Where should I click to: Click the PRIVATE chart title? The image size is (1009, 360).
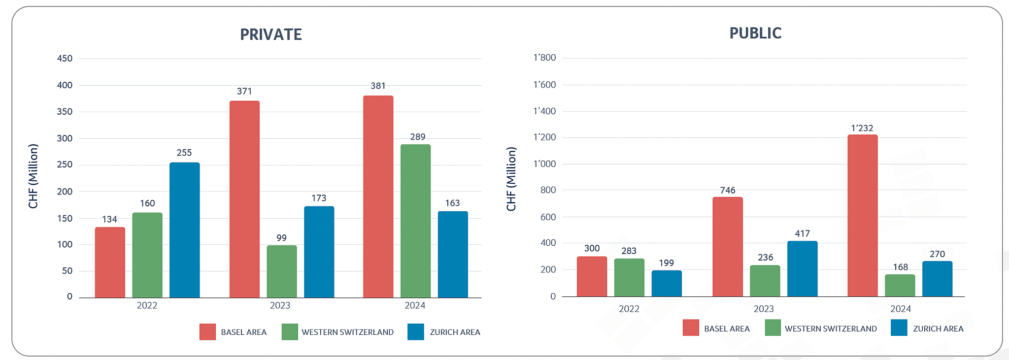click(x=270, y=34)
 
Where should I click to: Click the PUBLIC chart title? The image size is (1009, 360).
click(x=755, y=33)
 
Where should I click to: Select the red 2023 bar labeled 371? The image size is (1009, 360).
click(x=244, y=199)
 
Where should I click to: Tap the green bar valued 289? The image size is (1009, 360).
click(x=415, y=221)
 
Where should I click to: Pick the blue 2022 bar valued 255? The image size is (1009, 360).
click(x=185, y=230)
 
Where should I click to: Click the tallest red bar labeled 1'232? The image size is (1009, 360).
click(x=862, y=216)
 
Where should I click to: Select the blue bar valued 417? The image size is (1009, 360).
click(x=802, y=269)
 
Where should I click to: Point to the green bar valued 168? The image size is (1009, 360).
click(x=900, y=286)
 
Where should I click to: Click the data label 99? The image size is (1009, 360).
click(x=281, y=238)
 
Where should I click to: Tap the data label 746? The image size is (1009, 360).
click(x=727, y=190)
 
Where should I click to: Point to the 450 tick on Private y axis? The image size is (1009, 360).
click(x=65, y=59)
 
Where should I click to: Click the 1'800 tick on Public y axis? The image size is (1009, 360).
click(x=544, y=58)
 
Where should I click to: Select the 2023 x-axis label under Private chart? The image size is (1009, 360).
click(x=280, y=305)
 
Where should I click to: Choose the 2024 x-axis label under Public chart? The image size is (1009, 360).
click(x=900, y=309)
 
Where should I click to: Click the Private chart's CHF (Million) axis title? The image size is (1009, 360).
click(x=33, y=176)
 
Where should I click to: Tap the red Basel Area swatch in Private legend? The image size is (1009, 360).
click(x=207, y=332)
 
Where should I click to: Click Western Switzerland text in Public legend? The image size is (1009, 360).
click(x=830, y=328)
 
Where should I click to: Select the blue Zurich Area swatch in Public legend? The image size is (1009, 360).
click(x=899, y=328)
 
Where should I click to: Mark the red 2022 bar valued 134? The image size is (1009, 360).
click(x=110, y=262)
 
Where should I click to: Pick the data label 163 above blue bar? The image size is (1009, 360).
click(x=452, y=203)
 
